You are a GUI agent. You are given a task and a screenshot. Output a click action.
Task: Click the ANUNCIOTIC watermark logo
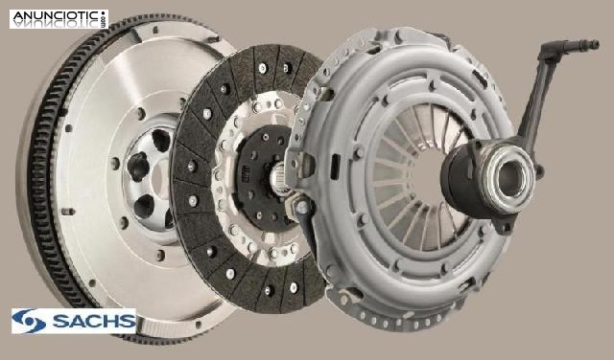click(x=59, y=19)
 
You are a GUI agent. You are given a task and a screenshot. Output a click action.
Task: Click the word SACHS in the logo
click(x=94, y=321)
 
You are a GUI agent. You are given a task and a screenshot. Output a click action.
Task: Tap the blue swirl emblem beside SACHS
click(x=28, y=322)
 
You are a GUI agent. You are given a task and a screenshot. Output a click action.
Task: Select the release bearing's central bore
click(x=511, y=179)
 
